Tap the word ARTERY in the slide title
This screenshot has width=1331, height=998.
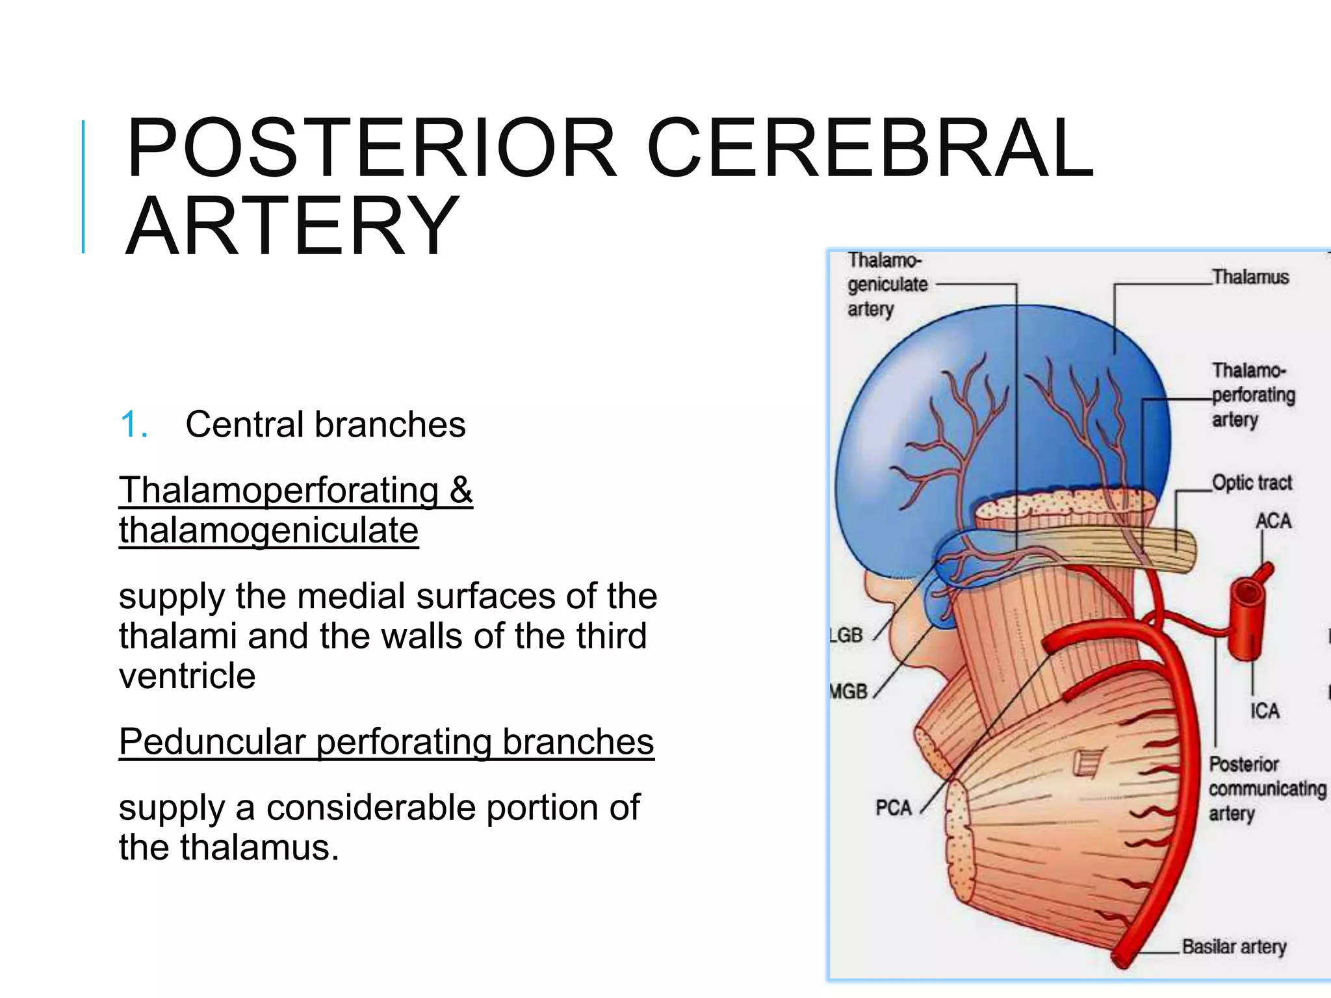[x=292, y=226]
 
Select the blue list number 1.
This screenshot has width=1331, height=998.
[x=135, y=425]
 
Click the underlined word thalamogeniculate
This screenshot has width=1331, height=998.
[x=268, y=530]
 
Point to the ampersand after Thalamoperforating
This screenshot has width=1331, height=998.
[x=461, y=489]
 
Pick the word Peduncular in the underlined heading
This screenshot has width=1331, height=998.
[x=212, y=741]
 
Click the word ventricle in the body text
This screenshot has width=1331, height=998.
[x=187, y=676]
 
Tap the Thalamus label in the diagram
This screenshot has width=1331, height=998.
[x=1250, y=277]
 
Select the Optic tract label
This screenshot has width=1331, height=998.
[x=1252, y=483]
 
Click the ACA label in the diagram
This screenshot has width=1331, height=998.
[x=1273, y=521]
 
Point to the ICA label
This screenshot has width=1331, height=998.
[x=1265, y=711]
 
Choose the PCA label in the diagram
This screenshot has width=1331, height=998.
[x=894, y=808]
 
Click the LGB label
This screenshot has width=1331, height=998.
[x=846, y=635]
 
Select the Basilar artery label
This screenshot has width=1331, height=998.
[x=1234, y=947]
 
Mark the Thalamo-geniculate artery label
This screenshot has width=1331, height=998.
[x=886, y=285]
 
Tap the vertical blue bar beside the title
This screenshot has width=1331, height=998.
[x=83, y=186]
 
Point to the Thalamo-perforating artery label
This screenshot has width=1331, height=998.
[x=1252, y=395]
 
